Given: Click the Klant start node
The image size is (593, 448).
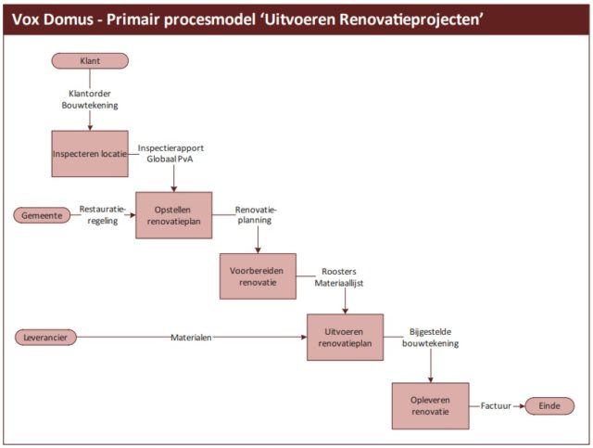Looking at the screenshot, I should [x=90, y=61].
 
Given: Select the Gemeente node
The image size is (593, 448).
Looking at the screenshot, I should [x=43, y=215].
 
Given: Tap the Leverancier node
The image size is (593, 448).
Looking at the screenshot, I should [x=46, y=337].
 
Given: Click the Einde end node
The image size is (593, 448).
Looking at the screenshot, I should [x=549, y=405].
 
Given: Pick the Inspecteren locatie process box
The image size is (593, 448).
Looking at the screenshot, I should [x=90, y=153].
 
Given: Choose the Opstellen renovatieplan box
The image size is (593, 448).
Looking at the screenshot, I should [x=174, y=215].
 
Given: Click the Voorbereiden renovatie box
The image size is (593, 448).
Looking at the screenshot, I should [x=258, y=275].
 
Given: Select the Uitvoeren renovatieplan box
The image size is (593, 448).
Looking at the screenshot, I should [x=345, y=337].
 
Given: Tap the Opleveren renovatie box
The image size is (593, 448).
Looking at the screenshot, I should [x=430, y=405].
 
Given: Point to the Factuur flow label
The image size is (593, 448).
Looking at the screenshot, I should [x=497, y=405].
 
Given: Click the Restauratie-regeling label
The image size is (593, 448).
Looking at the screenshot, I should [x=100, y=215].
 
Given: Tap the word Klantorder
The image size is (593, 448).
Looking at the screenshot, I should [x=90, y=94].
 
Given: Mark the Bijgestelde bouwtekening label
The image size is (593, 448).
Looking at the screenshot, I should [x=432, y=337].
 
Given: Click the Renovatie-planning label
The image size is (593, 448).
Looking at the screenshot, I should [x=256, y=215].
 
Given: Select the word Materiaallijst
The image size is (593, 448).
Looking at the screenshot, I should [x=339, y=282].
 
